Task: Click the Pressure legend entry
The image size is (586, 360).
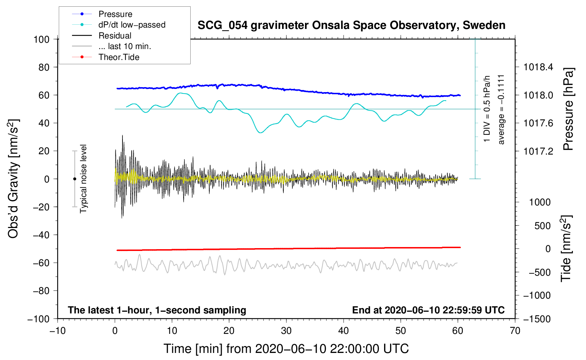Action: tap(115, 14)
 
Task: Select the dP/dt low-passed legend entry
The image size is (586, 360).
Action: tap(132, 25)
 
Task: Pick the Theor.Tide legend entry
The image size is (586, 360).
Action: tap(119, 57)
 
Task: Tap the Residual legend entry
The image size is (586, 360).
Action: tap(115, 36)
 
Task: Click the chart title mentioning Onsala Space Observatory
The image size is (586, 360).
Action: tap(351, 25)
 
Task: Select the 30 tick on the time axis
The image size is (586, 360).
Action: tap(286, 331)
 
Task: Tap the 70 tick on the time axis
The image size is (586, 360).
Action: tap(515, 331)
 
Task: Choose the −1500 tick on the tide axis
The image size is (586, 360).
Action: tap(537, 319)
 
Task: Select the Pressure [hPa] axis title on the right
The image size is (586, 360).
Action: tap(568, 109)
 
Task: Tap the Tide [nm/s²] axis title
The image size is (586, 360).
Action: tap(566, 248)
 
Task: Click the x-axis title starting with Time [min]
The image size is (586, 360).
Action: tap(286, 349)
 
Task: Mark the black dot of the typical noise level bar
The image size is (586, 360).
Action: tap(74, 179)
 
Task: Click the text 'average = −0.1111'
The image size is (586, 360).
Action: tap(501, 109)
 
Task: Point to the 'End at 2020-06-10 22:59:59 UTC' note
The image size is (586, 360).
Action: tap(428, 310)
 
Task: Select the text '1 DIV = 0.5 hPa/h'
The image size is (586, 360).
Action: tap(487, 109)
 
